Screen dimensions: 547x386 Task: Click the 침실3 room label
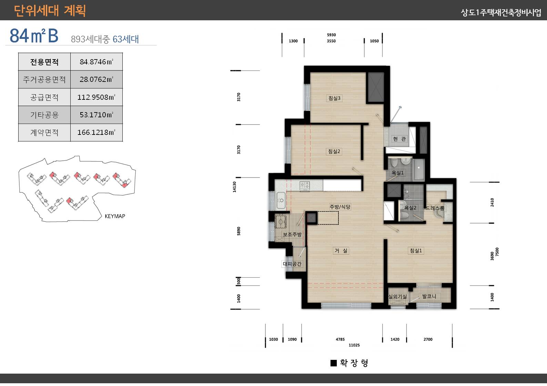[x=334, y=98]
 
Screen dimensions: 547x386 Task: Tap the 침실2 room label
[x=334, y=151]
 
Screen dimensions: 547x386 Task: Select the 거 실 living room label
[x=341, y=250]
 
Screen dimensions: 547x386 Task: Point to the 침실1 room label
[x=416, y=250]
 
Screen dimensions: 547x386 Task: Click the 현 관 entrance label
[x=399, y=139]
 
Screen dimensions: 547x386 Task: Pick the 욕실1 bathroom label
[x=397, y=173]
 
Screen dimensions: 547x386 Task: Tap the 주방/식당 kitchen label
[x=340, y=207]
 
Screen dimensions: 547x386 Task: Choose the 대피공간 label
[x=292, y=264]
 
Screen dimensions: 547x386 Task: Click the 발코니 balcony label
[x=429, y=296]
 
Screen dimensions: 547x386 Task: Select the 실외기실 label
[x=397, y=297]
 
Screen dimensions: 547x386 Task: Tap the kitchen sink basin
[x=281, y=200]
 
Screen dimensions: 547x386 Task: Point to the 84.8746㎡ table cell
[x=97, y=62]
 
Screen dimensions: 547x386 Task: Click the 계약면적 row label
[x=44, y=132]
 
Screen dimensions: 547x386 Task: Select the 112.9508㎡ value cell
[x=97, y=97]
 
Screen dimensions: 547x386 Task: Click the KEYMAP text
[x=115, y=216]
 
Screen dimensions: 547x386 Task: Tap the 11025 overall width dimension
[x=354, y=345]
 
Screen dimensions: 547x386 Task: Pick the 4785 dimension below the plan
[x=340, y=339]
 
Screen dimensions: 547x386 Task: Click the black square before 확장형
[x=334, y=363]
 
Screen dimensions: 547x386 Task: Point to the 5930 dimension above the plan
[x=331, y=35]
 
